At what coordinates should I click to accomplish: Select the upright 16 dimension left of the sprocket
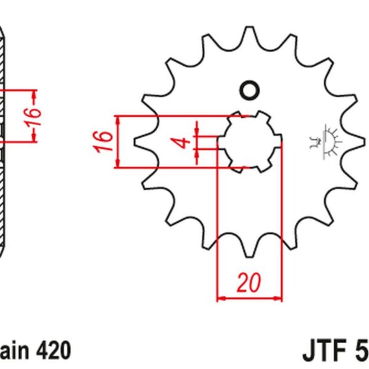pyautogui.click(x=105, y=141)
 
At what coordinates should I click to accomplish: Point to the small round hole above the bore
pyautogui.click(x=250, y=90)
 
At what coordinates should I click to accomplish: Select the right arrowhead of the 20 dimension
pyautogui.click(x=279, y=299)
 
